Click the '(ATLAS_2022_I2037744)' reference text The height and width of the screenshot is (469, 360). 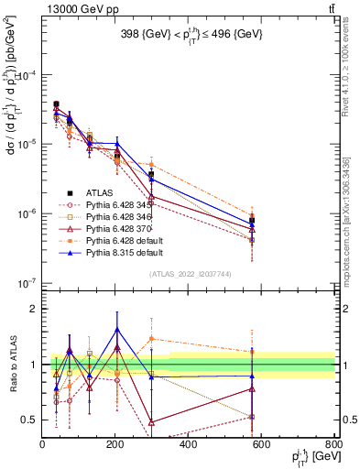click(189, 274)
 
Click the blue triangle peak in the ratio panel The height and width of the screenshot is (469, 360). click(116, 329)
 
